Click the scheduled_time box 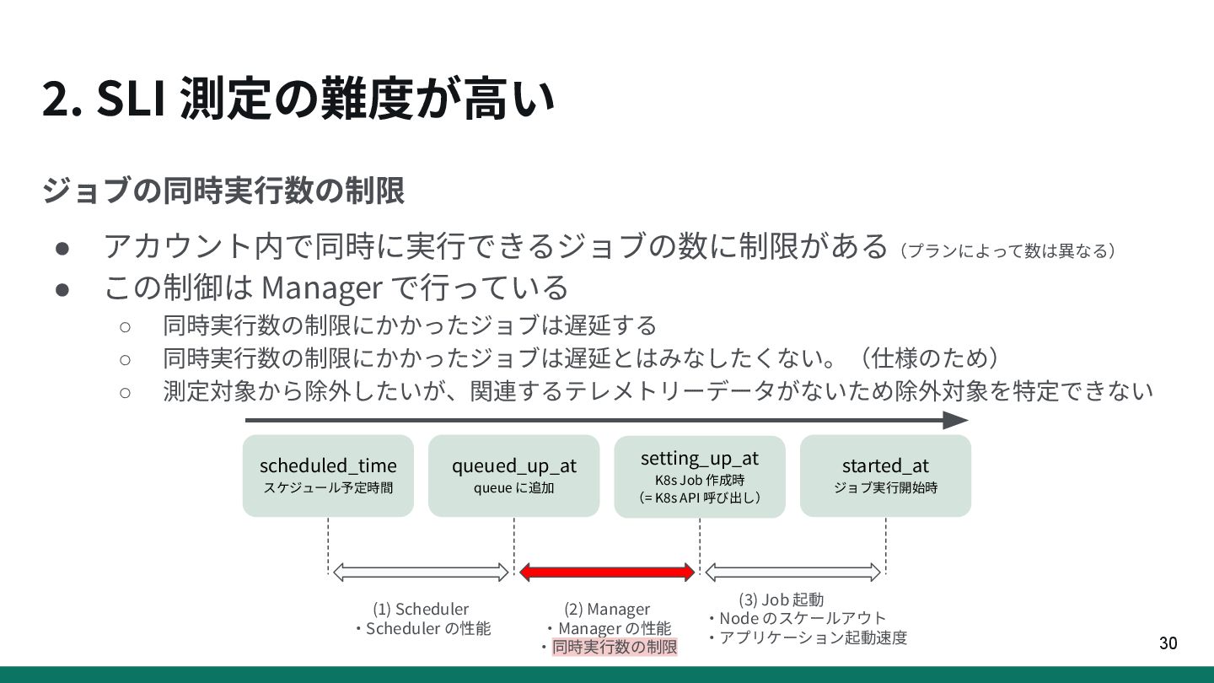(x=328, y=476)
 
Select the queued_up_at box (x=513, y=476)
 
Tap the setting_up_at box (x=700, y=476)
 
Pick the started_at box (x=885, y=476)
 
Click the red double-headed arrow (x=607, y=573)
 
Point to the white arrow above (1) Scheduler (x=422, y=573)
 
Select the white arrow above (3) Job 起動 (x=792, y=573)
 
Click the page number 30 (x=1168, y=643)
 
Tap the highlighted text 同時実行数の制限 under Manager (x=615, y=648)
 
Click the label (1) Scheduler (x=421, y=609)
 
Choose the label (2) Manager (x=607, y=609)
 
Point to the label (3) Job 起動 (x=781, y=600)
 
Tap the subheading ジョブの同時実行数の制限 (x=223, y=191)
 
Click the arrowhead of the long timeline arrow (x=956, y=420)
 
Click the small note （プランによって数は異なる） (x=1007, y=250)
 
